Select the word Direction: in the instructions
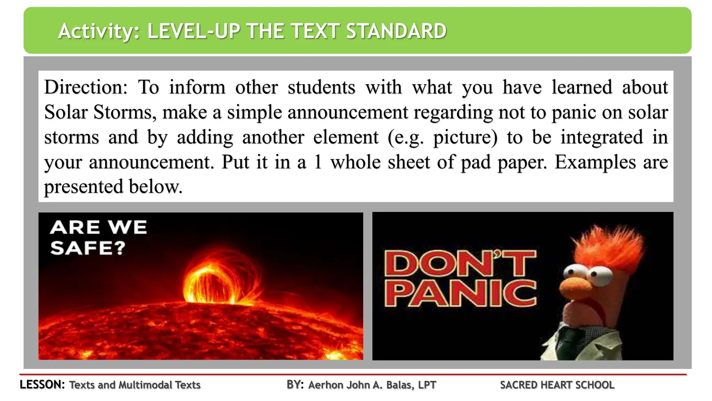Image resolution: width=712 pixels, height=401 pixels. [x=86, y=87]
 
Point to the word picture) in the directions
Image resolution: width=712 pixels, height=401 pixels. [x=465, y=137]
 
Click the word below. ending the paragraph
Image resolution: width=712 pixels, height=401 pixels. [x=155, y=187]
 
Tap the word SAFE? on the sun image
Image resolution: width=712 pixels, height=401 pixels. [x=88, y=248]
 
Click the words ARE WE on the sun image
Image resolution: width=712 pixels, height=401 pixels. [x=98, y=228]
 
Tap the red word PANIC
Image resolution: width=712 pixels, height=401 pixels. [x=460, y=294]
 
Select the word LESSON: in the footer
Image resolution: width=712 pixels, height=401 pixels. [x=42, y=385]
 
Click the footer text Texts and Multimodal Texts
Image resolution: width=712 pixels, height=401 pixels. [x=135, y=385]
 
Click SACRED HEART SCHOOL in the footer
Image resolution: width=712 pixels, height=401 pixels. [x=557, y=385]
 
